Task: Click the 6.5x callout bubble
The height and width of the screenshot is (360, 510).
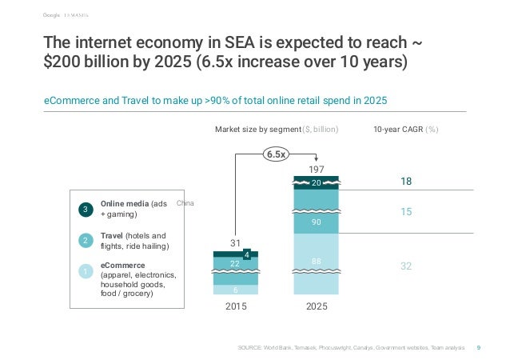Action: click(x=277, y=154)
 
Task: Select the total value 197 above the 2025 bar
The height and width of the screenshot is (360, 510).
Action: click(x=317, y=170)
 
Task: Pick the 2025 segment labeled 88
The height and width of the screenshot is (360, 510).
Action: click(x=317, y=260)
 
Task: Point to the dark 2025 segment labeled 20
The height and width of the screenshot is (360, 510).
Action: click(x=317, y=183)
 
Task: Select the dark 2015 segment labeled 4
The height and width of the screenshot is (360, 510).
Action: click(x=247, y=255)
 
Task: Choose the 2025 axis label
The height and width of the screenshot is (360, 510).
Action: click(x=317, y=307)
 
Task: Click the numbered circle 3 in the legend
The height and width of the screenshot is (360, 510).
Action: click(x=86, y=210)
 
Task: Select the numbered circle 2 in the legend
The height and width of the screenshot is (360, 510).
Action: click(x=86, y=241)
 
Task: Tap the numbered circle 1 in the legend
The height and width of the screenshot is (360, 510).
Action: click(x=86, y=273)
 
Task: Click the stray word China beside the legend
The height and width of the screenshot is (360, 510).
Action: click(x=185, y=204)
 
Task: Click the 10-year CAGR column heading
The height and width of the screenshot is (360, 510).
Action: click(x=407, y=128)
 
